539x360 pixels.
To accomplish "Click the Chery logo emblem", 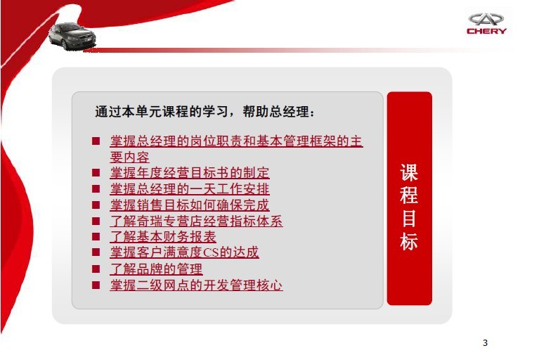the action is click(x=486, y=19).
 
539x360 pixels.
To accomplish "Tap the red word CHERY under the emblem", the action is click(x=486, y=31).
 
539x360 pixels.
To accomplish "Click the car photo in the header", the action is click(x=72, y=36).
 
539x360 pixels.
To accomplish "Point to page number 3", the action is click(x=485, y=343).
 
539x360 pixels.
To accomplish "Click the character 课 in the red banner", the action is click(x=409, y=172).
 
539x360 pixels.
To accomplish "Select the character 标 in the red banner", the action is click(x=409, y=241).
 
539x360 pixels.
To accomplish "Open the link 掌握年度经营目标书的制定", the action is click(x=190, y=172).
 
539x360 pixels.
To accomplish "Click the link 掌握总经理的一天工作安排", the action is click(x=190, y=188).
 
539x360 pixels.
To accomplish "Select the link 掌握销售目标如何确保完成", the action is click(x=190, y=205).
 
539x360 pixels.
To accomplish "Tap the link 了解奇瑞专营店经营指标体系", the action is click(x=196, y=221).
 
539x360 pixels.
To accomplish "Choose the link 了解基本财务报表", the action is click(x=163, y=236).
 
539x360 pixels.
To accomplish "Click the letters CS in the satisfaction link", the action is click(x=211, y=252).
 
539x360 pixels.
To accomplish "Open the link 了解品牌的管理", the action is click(x=157, y=269).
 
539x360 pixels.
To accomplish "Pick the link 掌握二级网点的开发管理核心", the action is click(x=196, y=285).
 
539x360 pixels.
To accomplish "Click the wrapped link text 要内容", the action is click(x=129, y=157).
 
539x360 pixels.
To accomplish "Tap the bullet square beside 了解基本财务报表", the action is click(x=96, y=236).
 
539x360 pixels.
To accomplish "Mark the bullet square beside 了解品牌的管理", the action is click(x=96, y=269).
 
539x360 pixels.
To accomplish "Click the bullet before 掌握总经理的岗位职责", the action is click(x=96, y=141).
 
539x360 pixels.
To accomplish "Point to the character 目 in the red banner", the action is click(x=409, y=219).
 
